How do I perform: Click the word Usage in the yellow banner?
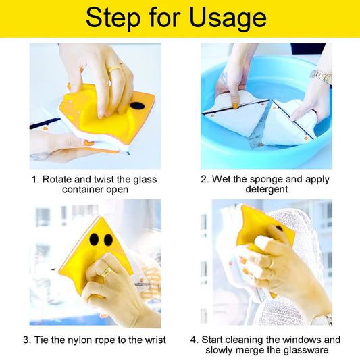(222, 18)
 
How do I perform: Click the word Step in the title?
(111, 18)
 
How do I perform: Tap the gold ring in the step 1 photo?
(115, 67)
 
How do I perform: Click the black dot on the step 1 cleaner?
(137, 106)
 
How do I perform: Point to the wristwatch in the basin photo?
(322, 77)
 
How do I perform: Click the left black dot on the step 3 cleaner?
(93, 239)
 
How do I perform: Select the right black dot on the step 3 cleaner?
(107, 239)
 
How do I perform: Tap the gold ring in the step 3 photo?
(107, 272)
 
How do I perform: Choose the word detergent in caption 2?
(265, 190)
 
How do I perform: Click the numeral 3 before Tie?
(26, 340)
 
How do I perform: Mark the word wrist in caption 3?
(152, 340)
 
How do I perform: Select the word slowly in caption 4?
(222, 350)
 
